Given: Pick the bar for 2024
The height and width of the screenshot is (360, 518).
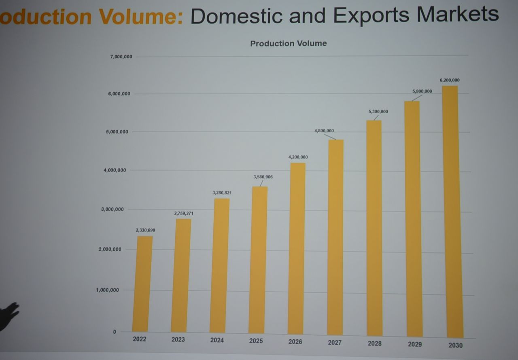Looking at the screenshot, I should [x=219, y=265].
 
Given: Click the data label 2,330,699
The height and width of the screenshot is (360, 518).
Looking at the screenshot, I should [x=145, y=230].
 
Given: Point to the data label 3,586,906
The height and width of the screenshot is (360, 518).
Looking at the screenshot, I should [x=263, y=177].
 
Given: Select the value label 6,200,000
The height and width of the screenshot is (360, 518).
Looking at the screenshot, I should [x=450, y=80].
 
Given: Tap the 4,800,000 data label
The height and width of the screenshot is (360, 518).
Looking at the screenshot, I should [x=324, y=131].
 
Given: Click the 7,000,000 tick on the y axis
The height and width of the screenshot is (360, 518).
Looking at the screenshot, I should [x=121, y=57].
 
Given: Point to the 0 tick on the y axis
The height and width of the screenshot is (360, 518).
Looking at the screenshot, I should [x=115, y=332].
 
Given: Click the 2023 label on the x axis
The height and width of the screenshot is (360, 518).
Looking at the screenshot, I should [x=178, y=339].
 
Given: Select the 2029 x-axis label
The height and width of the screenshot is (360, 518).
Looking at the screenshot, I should [x=415, y=344].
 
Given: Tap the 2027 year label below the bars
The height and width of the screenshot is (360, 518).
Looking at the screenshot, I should [x=335, y=343].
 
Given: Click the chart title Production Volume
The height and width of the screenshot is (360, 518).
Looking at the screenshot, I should [x=288, y=43].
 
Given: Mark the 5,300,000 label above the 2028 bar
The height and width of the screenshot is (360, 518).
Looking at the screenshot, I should [x=378, y=111].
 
